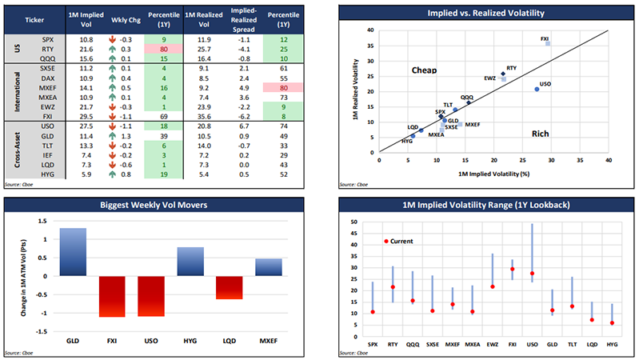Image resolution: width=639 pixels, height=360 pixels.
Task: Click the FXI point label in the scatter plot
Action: click(x=545, y=38)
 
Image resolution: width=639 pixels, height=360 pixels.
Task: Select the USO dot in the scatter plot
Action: click(x=537, y=90)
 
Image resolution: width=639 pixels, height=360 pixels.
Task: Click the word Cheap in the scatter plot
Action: click(x=425, y=71)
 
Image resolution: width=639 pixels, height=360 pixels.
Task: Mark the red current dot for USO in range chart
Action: click(x=532, y=274)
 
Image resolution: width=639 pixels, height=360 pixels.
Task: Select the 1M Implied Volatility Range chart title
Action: click(x=480, y=206)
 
